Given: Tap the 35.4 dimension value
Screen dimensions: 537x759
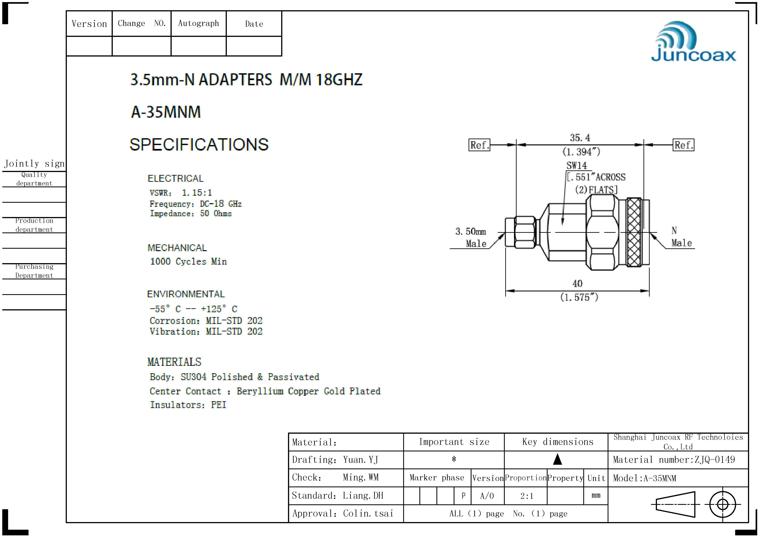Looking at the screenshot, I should tap(580, 138).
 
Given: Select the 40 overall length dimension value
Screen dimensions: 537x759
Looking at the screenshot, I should tap(577, 284).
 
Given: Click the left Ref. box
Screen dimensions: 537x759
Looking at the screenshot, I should tap(479, 145).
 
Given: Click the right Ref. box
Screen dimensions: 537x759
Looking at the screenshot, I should tap(683, 145).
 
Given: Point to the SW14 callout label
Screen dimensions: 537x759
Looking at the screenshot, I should tap(576, 165).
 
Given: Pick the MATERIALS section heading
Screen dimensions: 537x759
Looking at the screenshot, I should tap(174, 362).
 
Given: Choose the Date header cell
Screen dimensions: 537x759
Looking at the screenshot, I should tap(254, 24).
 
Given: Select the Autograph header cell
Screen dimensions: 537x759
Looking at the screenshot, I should tap(198, 24).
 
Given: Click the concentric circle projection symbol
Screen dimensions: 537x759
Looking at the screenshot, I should tap(723, 505).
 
